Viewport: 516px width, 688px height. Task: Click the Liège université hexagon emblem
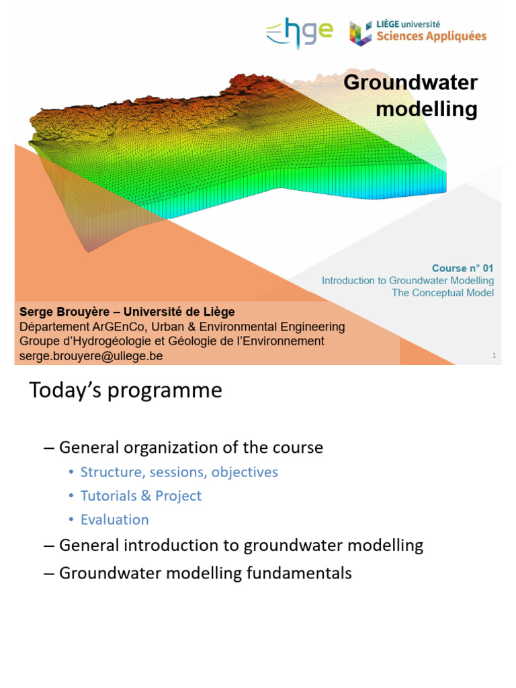pos(361,34)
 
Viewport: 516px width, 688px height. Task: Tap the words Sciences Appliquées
pos(431,37)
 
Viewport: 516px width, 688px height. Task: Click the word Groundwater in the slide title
pos(411,83)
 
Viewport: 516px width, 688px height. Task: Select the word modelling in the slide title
pos(427,109)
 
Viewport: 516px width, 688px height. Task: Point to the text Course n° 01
pos(462,268)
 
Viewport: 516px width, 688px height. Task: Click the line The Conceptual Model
pos(443,293)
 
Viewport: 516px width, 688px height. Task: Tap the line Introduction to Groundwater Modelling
pos(408,280)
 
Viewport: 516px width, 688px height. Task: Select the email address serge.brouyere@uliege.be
pos(91,356)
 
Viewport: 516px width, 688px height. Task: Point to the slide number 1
pos(494,355)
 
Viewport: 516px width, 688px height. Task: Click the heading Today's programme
pos(125,390)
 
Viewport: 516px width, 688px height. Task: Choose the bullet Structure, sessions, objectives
pos(179,472)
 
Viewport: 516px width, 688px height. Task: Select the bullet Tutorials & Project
pos(141,496)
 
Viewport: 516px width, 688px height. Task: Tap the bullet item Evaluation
pos(114,520)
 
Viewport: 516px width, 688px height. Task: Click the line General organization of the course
pos(191,447)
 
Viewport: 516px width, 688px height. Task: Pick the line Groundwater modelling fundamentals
pos(205,573)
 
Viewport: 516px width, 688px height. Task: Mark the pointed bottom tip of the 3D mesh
pos(88,252)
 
